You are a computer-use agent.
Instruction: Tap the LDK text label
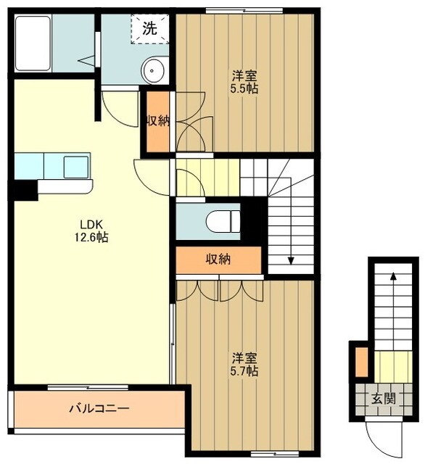91,224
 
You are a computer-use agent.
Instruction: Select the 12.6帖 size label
91,237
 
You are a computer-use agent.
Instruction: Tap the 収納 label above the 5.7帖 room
218,259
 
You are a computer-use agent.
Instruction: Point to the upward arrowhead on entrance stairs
392,276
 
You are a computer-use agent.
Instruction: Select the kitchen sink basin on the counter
75,167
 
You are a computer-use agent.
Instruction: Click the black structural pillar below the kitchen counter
25,191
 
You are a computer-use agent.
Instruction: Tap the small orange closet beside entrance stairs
360,362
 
